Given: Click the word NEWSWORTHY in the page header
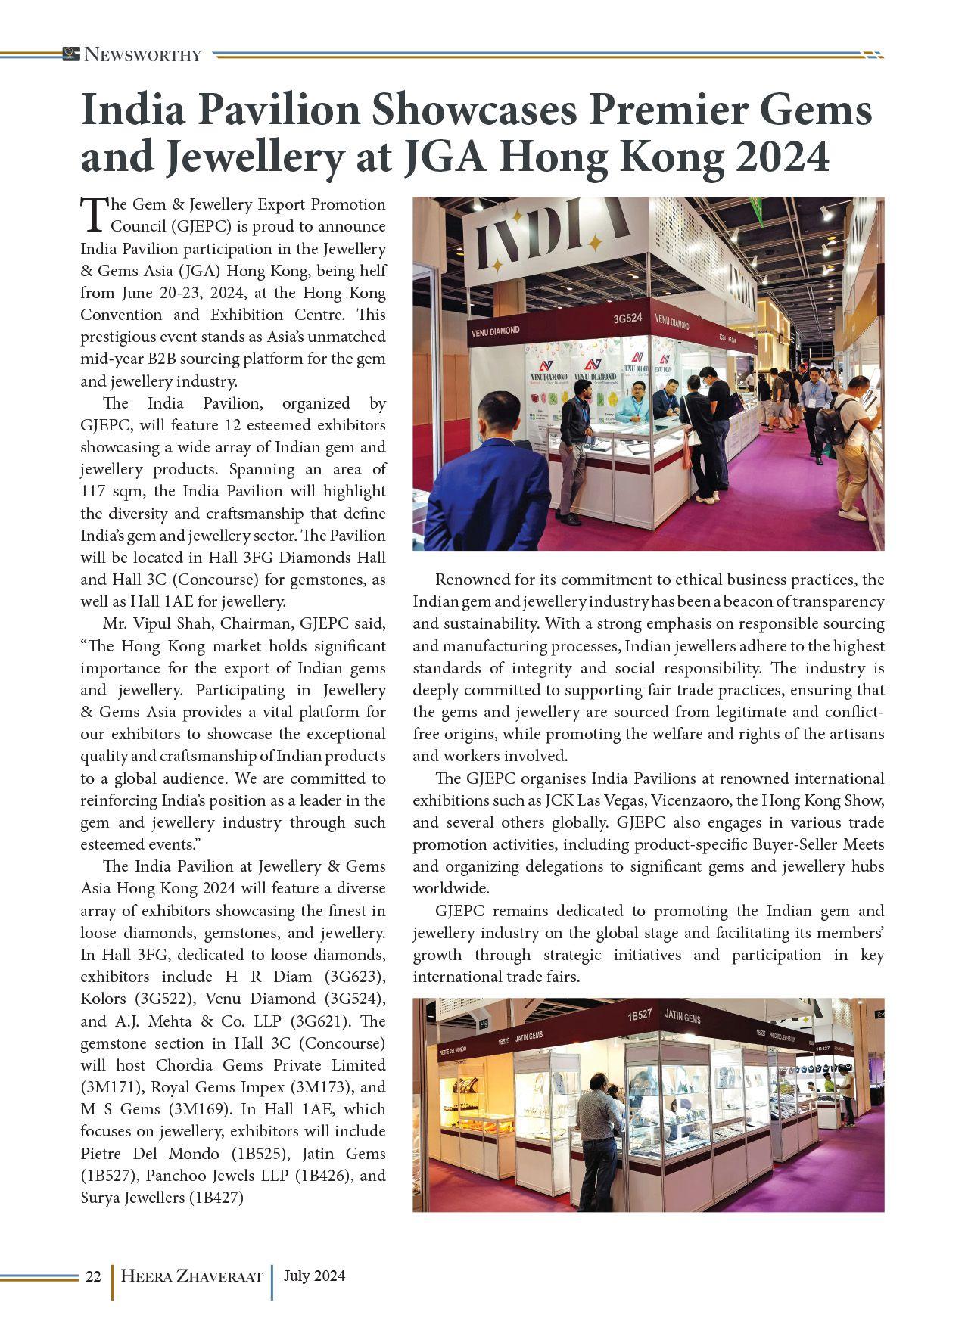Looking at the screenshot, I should pos(142,54).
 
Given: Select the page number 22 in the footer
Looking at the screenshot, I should pos(93,1276).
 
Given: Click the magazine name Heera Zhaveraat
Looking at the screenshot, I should pos(191,1276).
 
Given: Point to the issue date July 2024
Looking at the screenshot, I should pos(314,1276).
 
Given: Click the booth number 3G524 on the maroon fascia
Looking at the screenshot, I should pos(627,319).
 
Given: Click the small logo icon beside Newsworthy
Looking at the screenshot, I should pos(71,54).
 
